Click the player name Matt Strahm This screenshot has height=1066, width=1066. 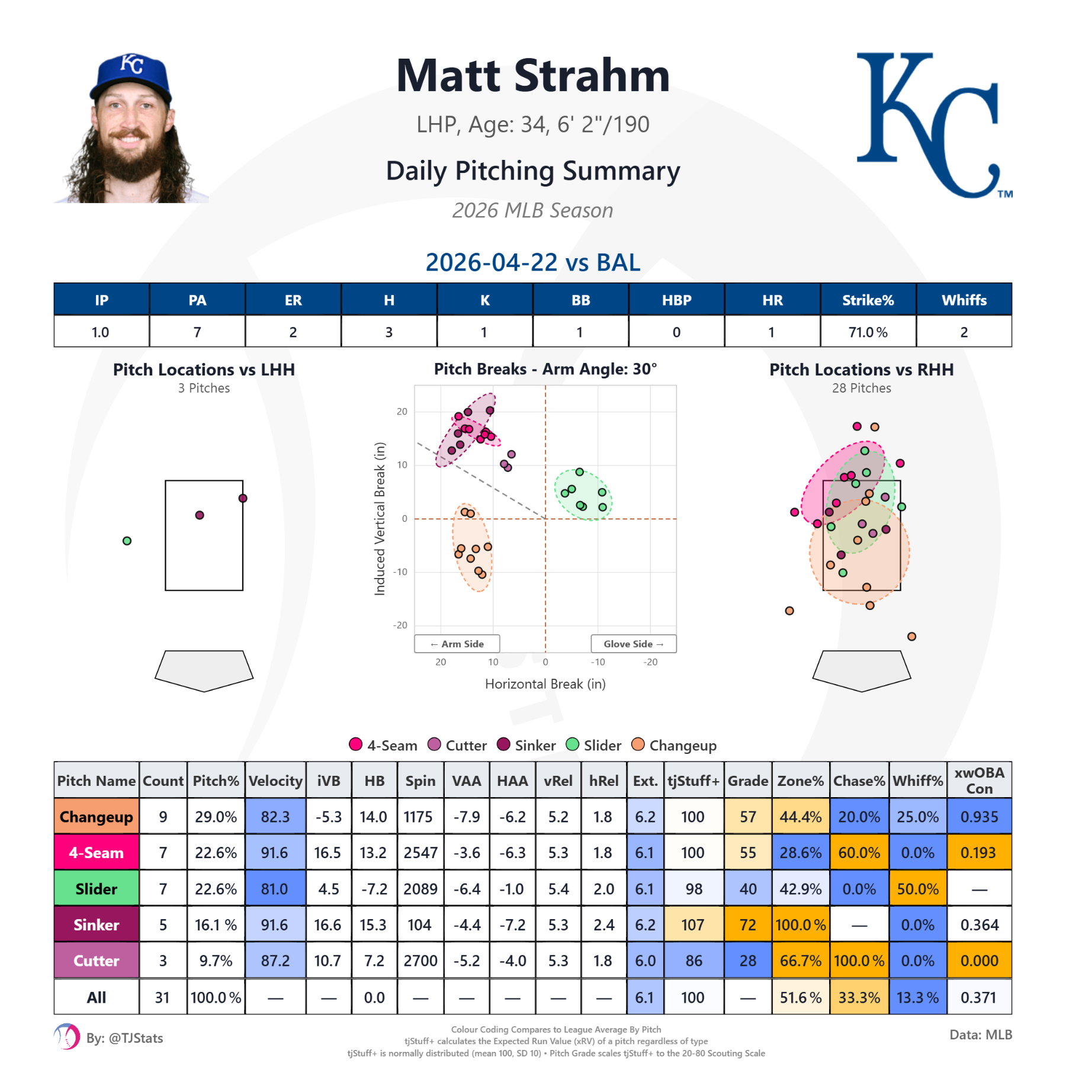(533, 76)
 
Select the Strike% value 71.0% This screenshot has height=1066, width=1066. (868, 332)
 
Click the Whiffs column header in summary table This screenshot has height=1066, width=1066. (964, 300)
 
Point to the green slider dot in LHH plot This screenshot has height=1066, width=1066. (127, 541)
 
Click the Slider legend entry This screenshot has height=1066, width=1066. (594, 745)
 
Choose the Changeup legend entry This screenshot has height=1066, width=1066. (675, 745)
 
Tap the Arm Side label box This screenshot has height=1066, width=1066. (457, 644)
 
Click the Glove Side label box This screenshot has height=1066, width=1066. (633, 644)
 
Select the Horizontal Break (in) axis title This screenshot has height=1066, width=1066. (545, 684)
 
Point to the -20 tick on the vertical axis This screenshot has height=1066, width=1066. (400, 625)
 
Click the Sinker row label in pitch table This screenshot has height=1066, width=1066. (97, 924)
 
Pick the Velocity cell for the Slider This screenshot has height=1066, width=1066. (275, 889)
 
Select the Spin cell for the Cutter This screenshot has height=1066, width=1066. (420, 961)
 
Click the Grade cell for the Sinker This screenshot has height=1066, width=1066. (747, 924)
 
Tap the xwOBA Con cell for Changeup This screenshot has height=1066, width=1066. (979, 817)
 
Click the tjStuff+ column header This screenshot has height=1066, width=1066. (693, 781)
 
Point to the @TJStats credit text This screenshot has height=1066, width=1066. (124, 1038)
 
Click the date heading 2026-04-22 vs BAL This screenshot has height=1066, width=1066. (533, 262)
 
